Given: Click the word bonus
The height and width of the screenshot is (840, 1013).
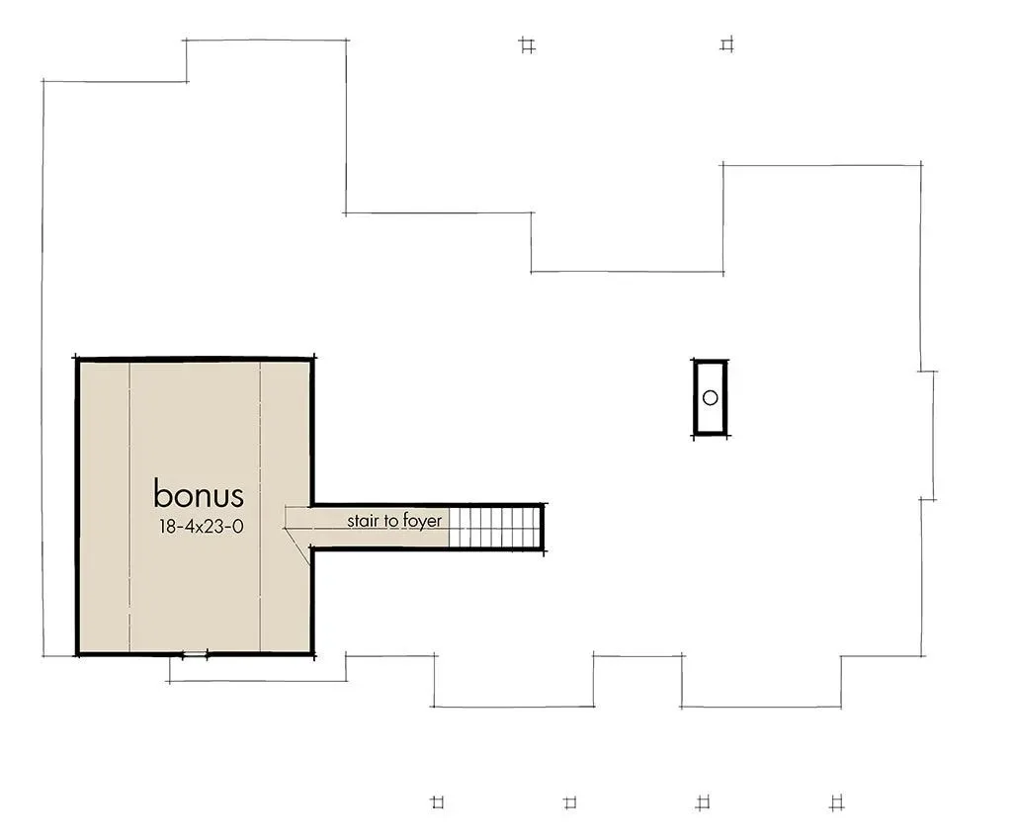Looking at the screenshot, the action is coord(199,494).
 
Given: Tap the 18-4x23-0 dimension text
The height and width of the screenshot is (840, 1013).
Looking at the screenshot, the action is coord(201,527).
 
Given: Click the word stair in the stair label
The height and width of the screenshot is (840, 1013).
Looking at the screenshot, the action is coord(363,520).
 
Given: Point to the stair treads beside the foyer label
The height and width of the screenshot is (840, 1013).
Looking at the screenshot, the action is coord(493,528).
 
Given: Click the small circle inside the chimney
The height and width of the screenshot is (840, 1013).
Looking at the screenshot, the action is coord(710,397).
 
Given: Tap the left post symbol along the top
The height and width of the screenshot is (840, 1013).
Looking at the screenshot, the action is coord(527,45).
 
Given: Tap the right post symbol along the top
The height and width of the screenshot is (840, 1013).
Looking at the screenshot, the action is coord(727,44).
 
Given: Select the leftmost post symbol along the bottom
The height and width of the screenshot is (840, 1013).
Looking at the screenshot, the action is coord(438,802).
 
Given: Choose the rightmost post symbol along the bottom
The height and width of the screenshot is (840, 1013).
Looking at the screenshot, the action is coord(837,802).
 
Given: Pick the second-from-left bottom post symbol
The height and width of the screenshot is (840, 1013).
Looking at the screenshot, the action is coord(570,802).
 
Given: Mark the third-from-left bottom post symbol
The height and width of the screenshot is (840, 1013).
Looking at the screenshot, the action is coord(703,802).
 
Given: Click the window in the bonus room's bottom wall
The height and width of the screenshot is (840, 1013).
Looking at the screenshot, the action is coord(195,654).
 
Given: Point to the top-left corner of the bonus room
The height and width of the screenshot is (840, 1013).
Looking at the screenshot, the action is coord(77,359).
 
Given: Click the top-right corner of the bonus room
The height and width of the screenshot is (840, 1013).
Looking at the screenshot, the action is coord(313,358).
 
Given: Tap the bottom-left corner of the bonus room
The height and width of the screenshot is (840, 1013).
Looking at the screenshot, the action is coord(77,654).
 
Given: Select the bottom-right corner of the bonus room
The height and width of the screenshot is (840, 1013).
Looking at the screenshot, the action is coord(313,654).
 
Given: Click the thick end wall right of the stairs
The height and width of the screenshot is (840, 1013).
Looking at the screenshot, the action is coord(543,528).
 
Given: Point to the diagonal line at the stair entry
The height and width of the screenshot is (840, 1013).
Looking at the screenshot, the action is coord(297,546).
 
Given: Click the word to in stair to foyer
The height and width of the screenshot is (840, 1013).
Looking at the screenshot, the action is coord(390,521).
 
